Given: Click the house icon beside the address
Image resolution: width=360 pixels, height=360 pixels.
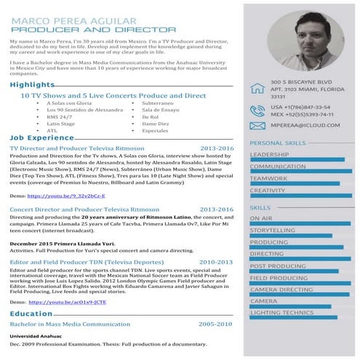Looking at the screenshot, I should [x=257, y=89].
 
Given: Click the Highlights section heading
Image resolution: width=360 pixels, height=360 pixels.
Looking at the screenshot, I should [x=32, y=85].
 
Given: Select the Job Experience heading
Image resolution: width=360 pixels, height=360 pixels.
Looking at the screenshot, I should [x=41, y=137].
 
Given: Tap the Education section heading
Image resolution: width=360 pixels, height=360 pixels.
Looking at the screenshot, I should [x=31, y=313].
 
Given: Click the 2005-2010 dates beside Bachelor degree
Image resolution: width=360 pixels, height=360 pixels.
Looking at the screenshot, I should [x=216, y=323].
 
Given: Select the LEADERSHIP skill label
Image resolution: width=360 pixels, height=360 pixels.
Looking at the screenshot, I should [x=268, y=154].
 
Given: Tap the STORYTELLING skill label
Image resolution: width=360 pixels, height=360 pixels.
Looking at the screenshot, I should [x=272, y=230].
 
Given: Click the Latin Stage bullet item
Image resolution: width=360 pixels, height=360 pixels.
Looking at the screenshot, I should [x=60, y=124].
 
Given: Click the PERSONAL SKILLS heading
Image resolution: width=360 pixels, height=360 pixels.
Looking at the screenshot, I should [x=278, y=143].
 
